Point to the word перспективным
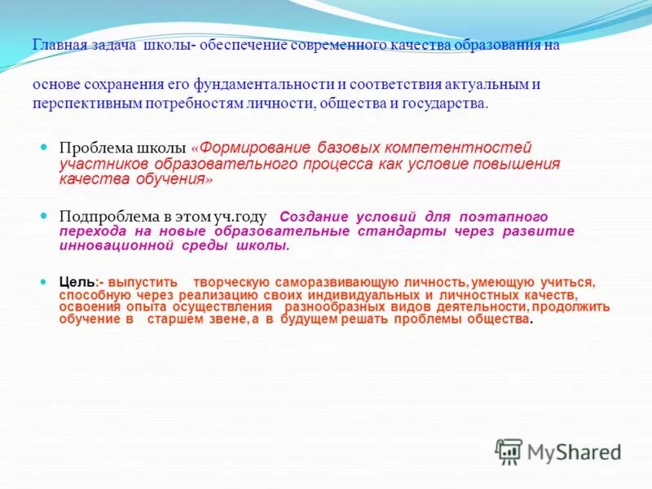[87, 104]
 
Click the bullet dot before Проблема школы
[46, 148]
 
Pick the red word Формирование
[254, 148]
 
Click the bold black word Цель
[77, 282]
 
